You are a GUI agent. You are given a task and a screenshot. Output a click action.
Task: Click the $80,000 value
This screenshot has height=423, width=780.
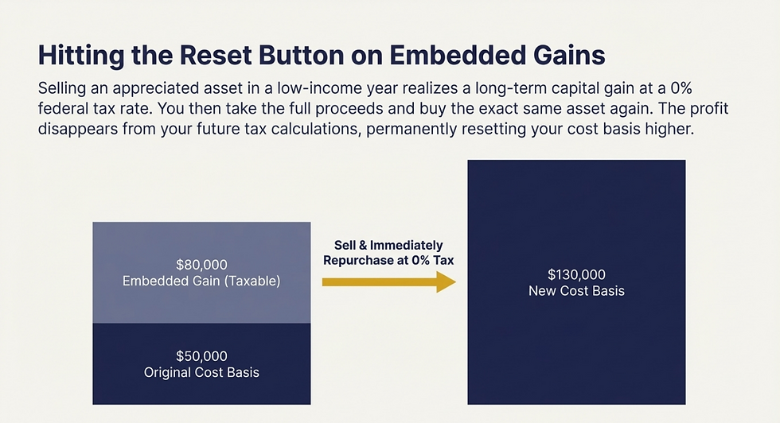[x=201, y=264]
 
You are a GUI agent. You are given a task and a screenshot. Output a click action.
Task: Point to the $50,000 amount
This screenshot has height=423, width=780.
[x=201, y=356]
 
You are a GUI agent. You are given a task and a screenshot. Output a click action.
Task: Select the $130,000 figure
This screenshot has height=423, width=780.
[x=576, y=274]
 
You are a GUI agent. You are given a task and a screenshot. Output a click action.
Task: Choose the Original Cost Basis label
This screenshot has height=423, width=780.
[x=201, y=372]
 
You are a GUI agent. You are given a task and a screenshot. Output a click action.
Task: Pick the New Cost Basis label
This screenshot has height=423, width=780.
[x=576, y=291]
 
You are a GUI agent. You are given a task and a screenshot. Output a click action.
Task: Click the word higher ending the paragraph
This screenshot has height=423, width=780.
[x=672, y=129]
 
